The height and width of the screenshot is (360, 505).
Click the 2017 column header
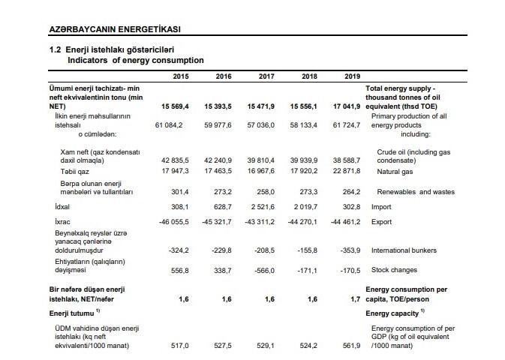(266, 76)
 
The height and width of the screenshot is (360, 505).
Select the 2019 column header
(353, 76)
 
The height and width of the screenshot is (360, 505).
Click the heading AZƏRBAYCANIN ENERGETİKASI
(115, 29)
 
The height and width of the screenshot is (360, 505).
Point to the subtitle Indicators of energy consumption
(136, 60)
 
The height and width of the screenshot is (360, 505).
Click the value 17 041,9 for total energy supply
(347, 106)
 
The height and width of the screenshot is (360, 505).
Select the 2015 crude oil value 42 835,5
(175, 160)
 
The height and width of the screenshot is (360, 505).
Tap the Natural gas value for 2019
(347, 171)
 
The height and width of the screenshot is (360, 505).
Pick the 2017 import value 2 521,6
(263, 207)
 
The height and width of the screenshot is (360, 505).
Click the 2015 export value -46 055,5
(174, 222)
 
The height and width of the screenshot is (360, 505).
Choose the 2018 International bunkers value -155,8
(307, 250)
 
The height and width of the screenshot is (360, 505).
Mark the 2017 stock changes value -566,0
(264, 271)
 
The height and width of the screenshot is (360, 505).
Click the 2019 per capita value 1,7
(355, 299)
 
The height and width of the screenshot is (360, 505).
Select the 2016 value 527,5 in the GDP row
(223, 346)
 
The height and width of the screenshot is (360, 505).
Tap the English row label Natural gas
(395, 172)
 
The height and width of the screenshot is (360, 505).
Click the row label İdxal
(62, 207)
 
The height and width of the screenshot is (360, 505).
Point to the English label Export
(382, 222)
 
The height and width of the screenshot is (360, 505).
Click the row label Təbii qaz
(74, 172)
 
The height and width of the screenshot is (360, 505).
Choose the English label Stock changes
(394, 270)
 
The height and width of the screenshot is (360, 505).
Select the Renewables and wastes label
(416, 192)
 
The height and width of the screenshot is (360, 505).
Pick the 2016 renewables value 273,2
(223, 192)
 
